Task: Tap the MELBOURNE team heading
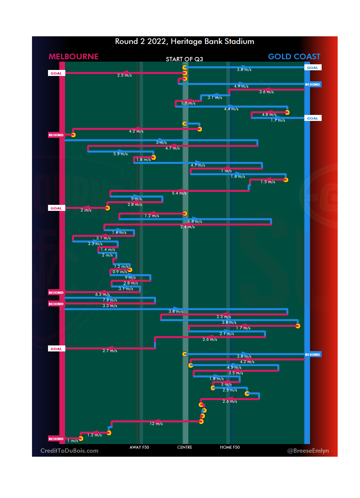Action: click(74, 57)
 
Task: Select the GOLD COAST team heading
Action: click(294, 57)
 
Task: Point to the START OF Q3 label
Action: click(184, 59)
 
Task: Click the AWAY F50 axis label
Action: click(139, 447)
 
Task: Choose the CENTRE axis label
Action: click(185, 447)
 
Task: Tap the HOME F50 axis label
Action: click(230, 447)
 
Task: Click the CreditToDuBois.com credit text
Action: click(69, 451)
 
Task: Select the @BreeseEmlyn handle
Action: click(308, 451)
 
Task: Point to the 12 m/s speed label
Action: click(156, 424)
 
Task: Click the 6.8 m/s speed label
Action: click(195, 222)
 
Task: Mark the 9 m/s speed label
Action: click(130, 277)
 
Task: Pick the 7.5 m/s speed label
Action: click(110, 300)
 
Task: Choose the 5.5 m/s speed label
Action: click(120, 154)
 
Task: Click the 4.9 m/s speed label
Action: click(241, 86)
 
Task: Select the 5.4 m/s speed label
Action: click(179, 193)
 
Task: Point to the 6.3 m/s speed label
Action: click(102, 294)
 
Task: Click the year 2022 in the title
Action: click(157, 42)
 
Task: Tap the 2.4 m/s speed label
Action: click(187, 227)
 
